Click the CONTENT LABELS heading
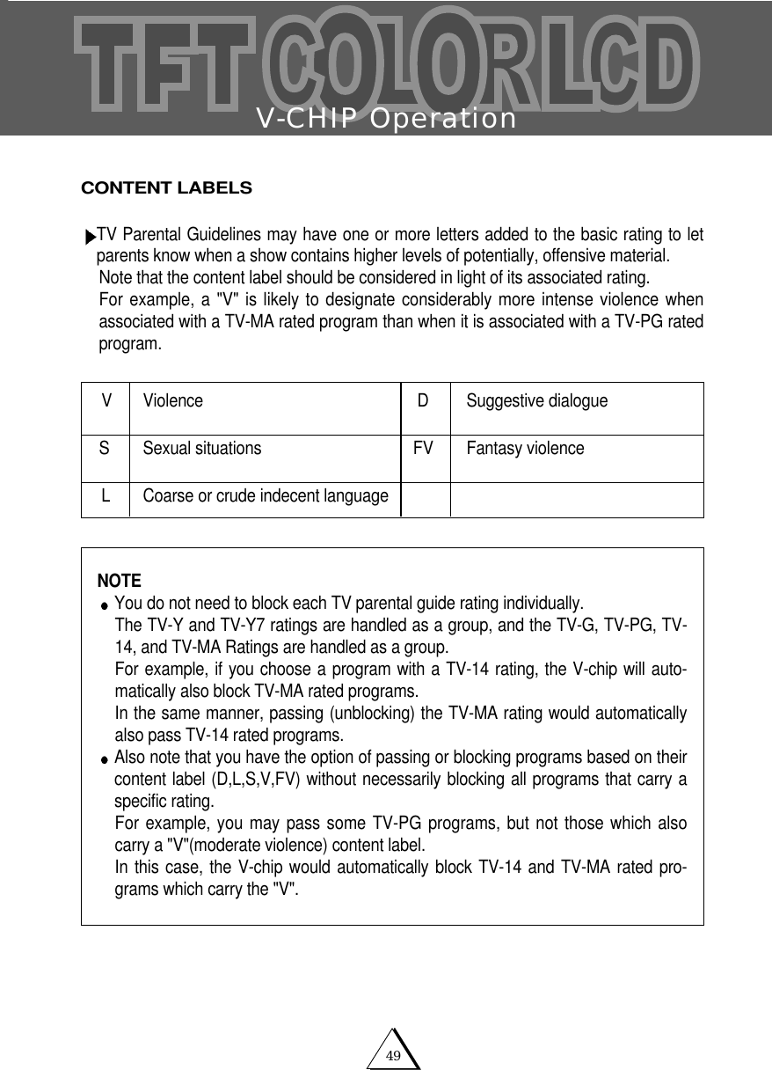click(166, 188)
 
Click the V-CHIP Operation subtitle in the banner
click(386, 118)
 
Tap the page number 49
click(394, 1055)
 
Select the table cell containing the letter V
click(106, 401)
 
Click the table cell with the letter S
click(105, 449)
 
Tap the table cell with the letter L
click(106, 496)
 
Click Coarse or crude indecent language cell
click(266, 496)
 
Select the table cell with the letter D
click(423, 401)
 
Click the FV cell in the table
click(423, 449)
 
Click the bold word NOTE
click(119, 582)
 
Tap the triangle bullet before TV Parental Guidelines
click(90, 238)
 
